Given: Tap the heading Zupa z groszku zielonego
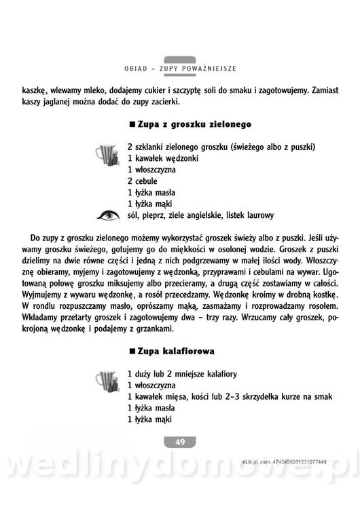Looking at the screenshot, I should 185,125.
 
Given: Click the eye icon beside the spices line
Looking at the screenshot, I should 106,216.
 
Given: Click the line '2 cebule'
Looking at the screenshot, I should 142,181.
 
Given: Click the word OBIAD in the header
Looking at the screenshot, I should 138,69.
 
